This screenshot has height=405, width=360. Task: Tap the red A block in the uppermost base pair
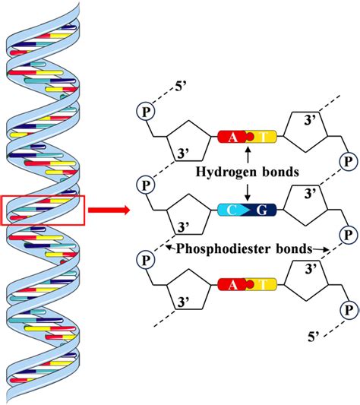[232, 137]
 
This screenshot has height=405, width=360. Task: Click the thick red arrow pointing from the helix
[109, 210]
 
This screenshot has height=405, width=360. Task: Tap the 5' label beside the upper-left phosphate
[181, 87]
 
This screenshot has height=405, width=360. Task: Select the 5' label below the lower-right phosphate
[314, 337]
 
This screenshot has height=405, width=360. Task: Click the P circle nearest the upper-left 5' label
[146, 112]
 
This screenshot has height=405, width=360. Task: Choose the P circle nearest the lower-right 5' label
[349, 310]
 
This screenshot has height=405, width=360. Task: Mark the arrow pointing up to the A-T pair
[248, 155]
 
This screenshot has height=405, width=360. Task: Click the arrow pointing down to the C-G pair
[248, 192]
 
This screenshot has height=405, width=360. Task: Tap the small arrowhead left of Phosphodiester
[170, 248]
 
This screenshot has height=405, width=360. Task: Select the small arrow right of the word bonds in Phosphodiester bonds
[321, 249]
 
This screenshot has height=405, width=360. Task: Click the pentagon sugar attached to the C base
[189, 215]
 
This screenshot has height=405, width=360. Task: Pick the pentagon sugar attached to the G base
[306, 205]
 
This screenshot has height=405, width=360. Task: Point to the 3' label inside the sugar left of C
[184, 227]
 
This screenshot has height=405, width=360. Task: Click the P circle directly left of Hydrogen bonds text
[146, 185]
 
